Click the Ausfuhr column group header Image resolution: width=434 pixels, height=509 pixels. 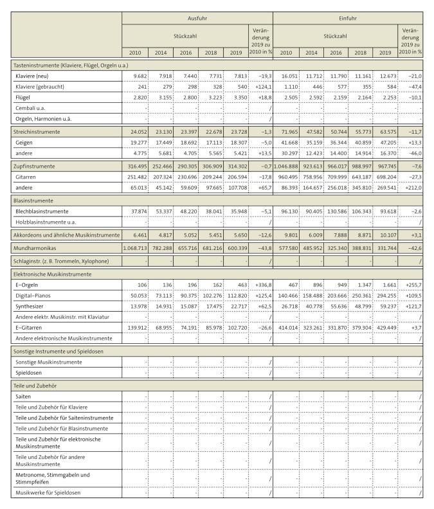[x=197, y=19]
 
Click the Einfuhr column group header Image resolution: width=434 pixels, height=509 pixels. [x=347, y=19]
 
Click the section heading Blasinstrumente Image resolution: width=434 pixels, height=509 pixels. [x=35, y=200]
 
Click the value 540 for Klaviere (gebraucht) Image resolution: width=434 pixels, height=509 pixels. [x=240, y=87]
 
